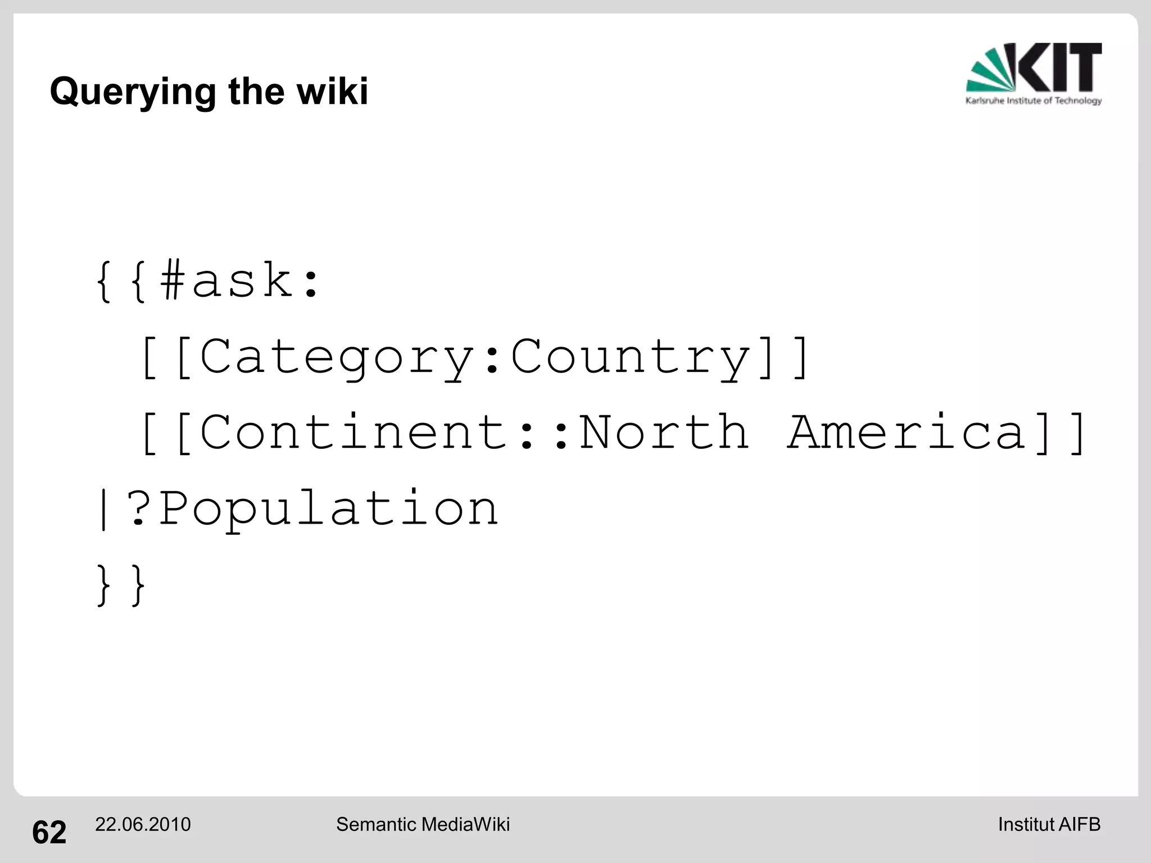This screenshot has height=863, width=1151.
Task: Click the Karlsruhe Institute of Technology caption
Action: (1034, 101)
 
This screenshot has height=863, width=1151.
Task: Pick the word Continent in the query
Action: (354, 432)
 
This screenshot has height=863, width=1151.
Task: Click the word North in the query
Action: (664, 432)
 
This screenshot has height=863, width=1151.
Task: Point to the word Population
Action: (329, 508)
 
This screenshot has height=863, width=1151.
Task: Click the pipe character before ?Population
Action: (103, 508)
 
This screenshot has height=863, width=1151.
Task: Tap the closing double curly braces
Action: (121, 585)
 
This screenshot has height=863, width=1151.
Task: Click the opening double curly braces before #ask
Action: (121, 280)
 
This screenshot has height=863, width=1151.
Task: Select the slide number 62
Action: (49, 832)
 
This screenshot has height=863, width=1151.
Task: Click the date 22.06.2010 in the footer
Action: (143, 824)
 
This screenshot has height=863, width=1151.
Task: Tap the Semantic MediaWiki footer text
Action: (423, 824)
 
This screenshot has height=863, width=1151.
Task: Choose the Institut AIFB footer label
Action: (1049, 824)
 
